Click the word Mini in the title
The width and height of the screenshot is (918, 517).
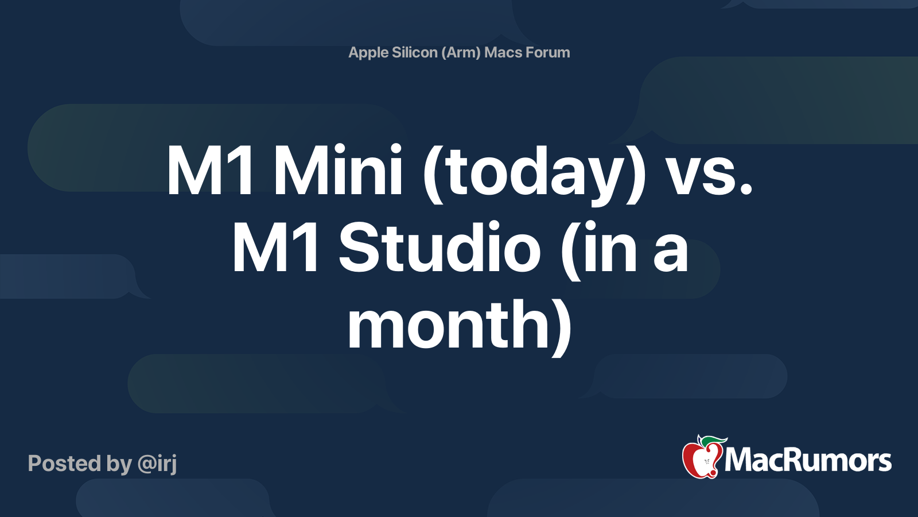pos(338,171)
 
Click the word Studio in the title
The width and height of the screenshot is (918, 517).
pos(439,249)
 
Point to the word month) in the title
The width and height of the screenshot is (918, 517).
pos(460,325)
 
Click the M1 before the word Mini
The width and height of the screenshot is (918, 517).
pos(210,171)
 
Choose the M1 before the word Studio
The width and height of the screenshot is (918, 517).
pos(276,249)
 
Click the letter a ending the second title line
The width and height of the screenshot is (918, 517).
pos(670,253)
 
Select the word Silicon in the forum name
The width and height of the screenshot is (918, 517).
pos(415,52)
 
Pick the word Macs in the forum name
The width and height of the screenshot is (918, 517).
pos(503,52)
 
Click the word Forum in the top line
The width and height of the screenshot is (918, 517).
pos(548,52)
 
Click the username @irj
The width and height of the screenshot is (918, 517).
pos(157,464)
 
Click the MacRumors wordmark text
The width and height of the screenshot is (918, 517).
pos(808,460)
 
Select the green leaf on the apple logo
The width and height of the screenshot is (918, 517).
pos(711,441)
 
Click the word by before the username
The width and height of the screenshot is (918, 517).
pos(119,464)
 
